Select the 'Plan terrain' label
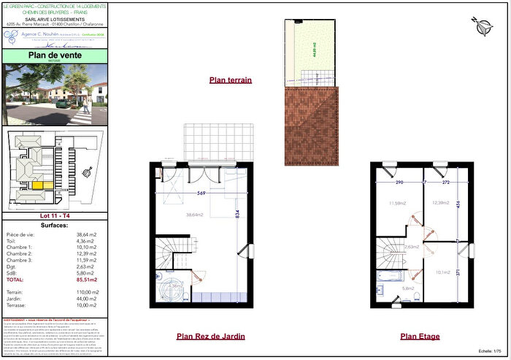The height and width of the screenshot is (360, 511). point(230,80)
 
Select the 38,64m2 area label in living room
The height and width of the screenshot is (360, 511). point(193,215)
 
